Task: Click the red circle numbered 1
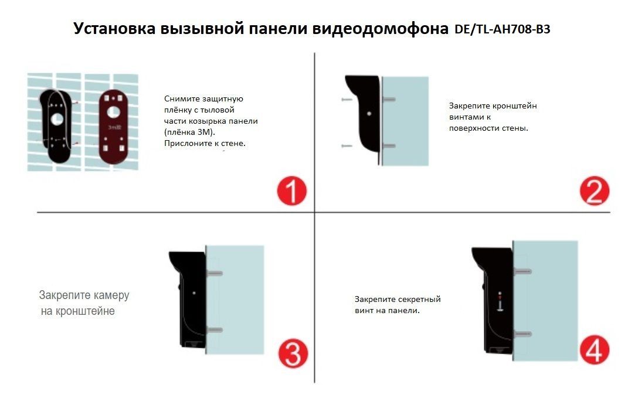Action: pyautogui.click(x=291, y=191)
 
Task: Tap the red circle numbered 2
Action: pyautogui.click(x=594, y=191)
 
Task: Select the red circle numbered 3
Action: pyautogui.click(x=293, y=354)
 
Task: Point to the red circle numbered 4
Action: pyautogui.click(x=594, y=350)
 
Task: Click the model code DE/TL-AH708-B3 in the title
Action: pyautogui.click(x=502, y=29)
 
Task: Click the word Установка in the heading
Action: pyautogui.click(x=114, y=29)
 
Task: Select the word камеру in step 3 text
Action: pyautogui.click(x=111, y=295)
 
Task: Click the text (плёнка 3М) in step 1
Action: pyautogui.click(x=189, y=133)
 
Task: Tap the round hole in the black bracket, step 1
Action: pyautogui.click(x=57, y=119)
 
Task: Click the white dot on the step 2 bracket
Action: pyautogui.click(x=369, y=114)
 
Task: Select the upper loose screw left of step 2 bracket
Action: pyautogui.click(x=347, y=99)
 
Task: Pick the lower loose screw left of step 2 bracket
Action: pyautogui.click(x=347, y=145)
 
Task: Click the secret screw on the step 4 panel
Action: pyautogui.click(x=500, y=302)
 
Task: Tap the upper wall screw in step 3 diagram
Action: pyautogui.click(x=215, y=273)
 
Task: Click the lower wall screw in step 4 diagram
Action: pyautogui.click(x=522, y=334)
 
